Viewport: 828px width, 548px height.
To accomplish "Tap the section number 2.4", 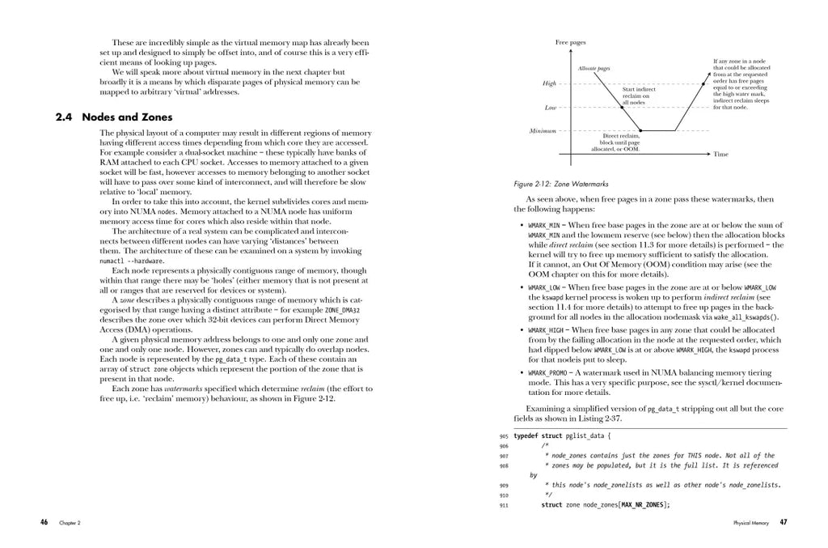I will pos(65,117).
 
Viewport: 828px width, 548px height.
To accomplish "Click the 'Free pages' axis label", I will pos(570,42).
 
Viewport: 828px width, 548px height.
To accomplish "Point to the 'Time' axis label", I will pos(720,154).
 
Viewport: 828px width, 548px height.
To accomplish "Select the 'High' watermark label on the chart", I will pos(549,83).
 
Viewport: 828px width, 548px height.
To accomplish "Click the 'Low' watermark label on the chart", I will pos(550,107).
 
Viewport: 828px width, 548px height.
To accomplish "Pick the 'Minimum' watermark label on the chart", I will pos(543,130).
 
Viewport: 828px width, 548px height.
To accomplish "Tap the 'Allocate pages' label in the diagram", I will pos(594,70).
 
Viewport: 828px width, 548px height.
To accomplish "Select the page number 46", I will pos(44,522).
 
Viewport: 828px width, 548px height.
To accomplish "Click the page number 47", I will pos(783,522).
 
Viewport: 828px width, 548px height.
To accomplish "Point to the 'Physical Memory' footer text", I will pos(753,523).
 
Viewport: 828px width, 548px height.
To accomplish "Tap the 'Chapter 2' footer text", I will pos(69,523).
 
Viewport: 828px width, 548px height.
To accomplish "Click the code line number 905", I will pos(503,435).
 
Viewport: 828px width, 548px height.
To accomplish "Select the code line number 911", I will pos(503,504).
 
